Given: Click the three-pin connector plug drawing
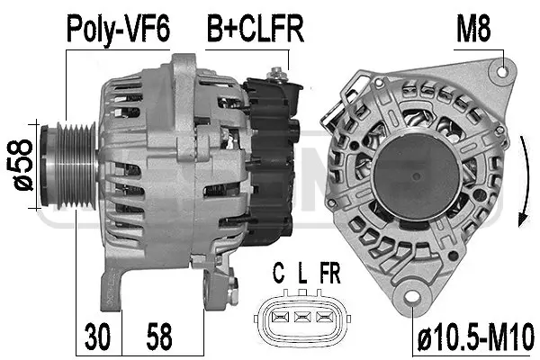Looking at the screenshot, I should click(302, 317).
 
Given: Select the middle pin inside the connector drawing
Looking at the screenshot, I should click(302, 317).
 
